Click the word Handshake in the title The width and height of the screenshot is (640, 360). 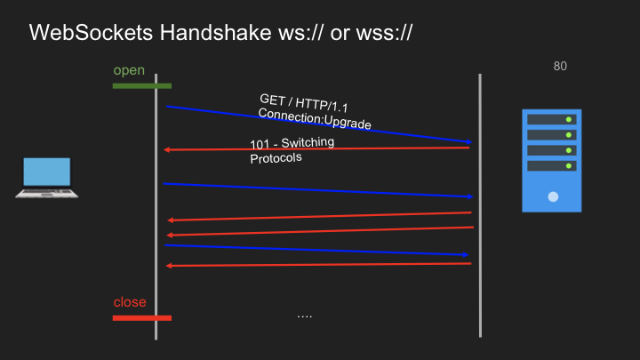click(x=215, y=32)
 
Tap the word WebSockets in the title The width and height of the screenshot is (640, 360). click(x=91, y=32)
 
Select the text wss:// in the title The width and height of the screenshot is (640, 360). click(x=384, y=32)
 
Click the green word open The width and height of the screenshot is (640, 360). click(x=129, y=70)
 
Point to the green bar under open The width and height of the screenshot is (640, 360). click(x=142, y=85)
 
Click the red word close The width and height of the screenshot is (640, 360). click(x=130, y=302)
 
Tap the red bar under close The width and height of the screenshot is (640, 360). click(x=142, y=318)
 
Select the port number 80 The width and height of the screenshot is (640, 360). click(x=560, y=66)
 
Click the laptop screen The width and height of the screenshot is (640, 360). click(x=47, y=172)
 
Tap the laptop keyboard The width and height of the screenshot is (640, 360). click(x=46, y=192)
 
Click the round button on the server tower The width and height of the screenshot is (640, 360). click(x=553, y=196)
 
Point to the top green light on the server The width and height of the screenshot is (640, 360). click(x=569, y=120)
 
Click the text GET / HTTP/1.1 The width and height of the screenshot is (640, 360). click(x=304, y=103)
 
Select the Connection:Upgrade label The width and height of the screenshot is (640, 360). click(x=315, y=118)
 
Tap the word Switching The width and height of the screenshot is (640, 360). click(x=308, y=142)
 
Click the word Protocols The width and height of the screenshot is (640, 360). click(x=276, y=158)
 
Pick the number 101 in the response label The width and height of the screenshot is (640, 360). click(x=260, y=145)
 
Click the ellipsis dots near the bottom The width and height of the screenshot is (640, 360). click(x=305, y=316)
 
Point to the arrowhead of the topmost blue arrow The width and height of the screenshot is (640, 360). click(x=469, y=141)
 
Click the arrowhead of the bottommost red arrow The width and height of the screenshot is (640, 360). click(x=169, y=266)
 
